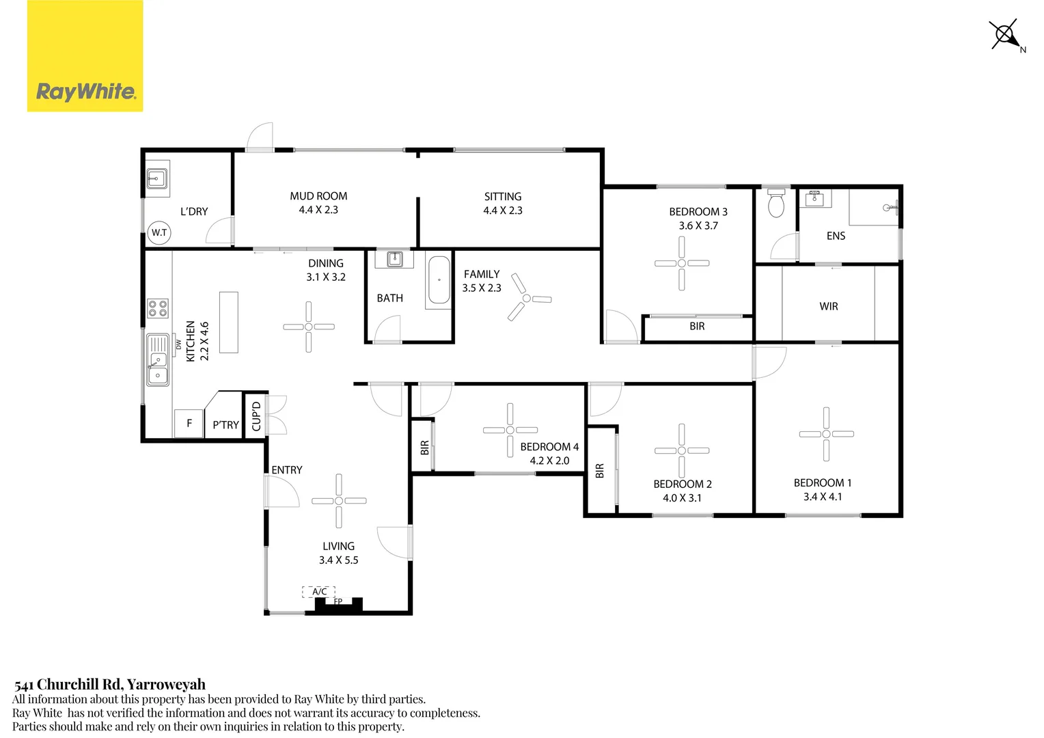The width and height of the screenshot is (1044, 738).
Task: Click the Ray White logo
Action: [x=85, y=56]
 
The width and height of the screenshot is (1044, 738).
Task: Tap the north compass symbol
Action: [x=1004, y=34]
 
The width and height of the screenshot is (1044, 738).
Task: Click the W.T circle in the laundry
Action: [x=159, y=232]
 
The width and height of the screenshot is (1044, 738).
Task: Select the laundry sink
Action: [x=157, y=179]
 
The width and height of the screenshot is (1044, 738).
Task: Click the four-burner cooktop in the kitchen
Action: [x=158, y=308]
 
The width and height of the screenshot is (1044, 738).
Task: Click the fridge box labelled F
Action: [x=189, y=423]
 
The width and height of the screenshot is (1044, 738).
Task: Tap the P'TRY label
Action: [x=225, y=425]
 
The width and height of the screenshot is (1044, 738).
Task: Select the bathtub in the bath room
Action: [x=439, y=280]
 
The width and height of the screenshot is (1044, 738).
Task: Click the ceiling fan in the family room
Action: [x=526, y=299]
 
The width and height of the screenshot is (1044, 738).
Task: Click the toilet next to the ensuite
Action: [x=776, y=204]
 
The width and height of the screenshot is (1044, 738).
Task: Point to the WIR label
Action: [x=829, y=306]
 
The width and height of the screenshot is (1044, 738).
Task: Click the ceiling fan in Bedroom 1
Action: [x=826, y=434]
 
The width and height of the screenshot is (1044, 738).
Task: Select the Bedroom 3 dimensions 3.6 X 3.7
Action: [x=698, y=225]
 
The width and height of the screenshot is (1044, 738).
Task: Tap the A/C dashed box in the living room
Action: [x=319, y=592]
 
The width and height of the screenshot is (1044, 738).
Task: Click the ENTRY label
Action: [x=286, y=470]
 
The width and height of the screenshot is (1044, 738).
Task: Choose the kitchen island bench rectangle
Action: [x=229, y=323]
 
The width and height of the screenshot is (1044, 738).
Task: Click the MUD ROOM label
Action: [x=318, y=196]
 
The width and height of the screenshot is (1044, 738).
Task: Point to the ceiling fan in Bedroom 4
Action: [x=510, y=430]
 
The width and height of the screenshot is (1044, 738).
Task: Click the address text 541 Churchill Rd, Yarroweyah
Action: [x=110, y=684]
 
